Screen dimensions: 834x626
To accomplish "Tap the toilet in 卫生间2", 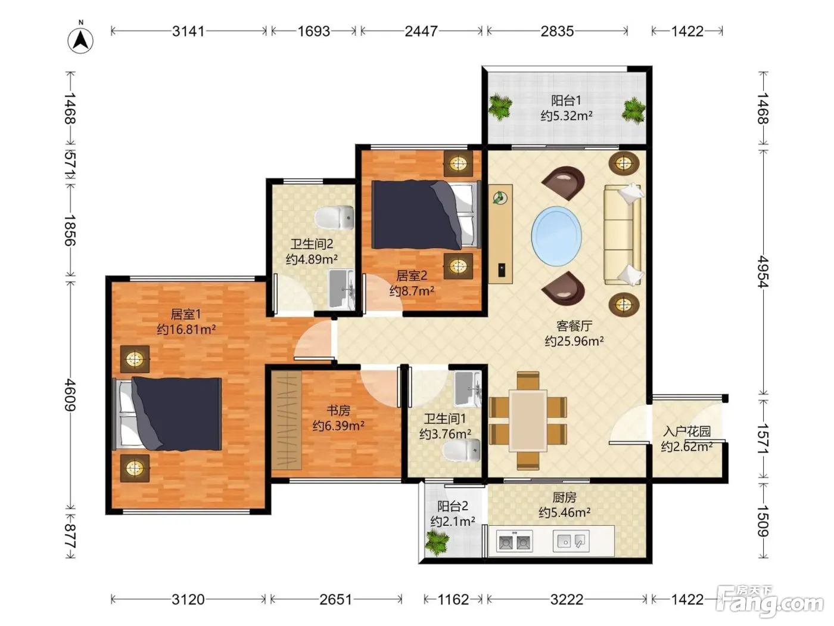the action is tap(334, 218).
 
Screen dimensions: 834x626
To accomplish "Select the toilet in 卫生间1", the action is tap(462, 450).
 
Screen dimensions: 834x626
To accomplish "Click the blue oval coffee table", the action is tap(556, 236).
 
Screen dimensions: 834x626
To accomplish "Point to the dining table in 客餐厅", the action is tap(528, 420).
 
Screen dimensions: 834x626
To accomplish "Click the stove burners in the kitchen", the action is tap(514, 541).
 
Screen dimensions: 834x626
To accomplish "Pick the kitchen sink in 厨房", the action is tap(571, 541).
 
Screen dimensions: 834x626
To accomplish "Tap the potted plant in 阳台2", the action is tap(437, 543).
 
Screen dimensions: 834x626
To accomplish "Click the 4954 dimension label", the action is tap(763, 272).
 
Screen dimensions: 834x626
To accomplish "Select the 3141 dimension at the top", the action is tap(188, 31).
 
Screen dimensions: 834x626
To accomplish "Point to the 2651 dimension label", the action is tap(335, 600).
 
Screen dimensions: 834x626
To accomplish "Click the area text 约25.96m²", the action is tap(574, 341).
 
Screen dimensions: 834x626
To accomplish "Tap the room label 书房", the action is tap(338, 410).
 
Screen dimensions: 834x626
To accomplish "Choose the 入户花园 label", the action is tap(687, 432).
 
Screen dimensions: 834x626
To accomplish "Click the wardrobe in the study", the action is tap(286, 420).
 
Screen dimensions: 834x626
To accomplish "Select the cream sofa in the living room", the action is tap(623, 235).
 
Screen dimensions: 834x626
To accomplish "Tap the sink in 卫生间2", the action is tap(341, 289).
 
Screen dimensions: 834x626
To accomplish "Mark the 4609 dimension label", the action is tap(70, 395).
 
